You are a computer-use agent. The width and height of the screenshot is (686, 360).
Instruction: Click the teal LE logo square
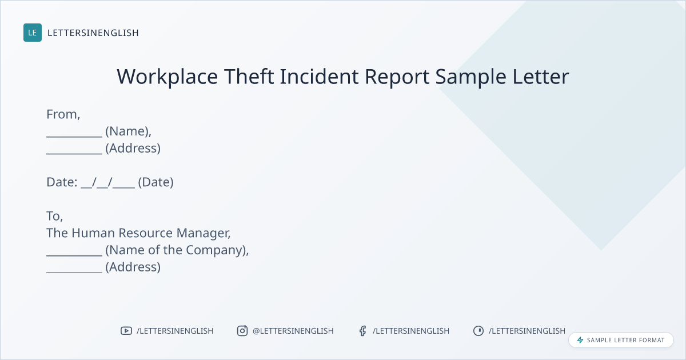[33, 33]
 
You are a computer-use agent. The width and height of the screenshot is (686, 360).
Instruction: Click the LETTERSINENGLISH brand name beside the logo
[93, 33]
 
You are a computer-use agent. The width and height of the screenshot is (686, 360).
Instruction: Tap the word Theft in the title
[249, 76]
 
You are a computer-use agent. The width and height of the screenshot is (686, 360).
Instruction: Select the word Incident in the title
[319, 76]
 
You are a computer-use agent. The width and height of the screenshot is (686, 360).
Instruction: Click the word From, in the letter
[63, 114]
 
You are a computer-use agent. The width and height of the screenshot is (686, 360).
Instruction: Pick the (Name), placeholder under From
[128, 131]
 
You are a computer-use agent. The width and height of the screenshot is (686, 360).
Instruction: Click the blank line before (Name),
[74, 137]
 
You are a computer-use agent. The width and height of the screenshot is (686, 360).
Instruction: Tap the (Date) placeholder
[155, 182]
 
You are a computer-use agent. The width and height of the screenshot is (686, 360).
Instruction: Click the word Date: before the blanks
[62, 182]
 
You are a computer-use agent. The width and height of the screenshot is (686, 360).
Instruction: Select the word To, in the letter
[54, 216]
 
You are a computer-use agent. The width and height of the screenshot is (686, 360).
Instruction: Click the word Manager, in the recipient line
[204, 233]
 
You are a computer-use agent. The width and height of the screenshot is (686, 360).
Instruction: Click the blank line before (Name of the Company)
[74, 255]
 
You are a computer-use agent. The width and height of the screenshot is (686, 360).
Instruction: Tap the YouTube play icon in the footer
[126, 331]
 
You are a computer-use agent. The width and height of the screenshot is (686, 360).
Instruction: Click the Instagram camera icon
[242, 331]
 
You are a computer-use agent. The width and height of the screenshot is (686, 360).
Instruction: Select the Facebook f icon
[362, 331]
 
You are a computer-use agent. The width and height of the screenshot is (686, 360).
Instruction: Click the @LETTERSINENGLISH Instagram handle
[293, 331]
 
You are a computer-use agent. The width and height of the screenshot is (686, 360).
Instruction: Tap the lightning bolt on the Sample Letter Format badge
[580, 340]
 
